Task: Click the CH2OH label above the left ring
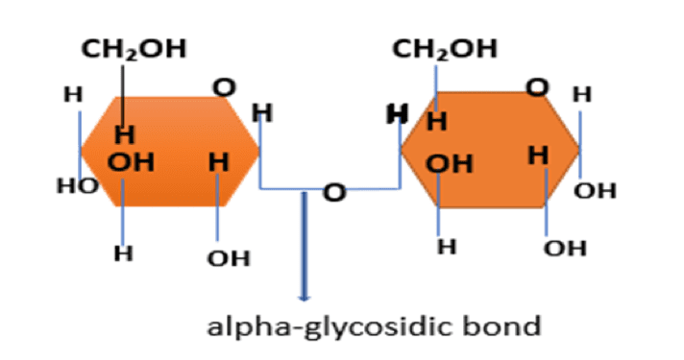134,49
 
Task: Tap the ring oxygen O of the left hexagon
224,87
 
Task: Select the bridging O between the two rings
333,193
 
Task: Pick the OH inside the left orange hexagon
131,161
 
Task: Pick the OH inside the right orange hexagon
449,164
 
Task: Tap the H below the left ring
123,253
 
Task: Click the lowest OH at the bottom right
565,250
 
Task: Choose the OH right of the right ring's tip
595,191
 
